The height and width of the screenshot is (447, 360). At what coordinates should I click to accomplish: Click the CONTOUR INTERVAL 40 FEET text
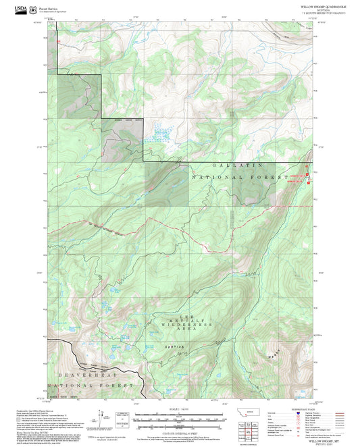(x=180, y=431)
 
